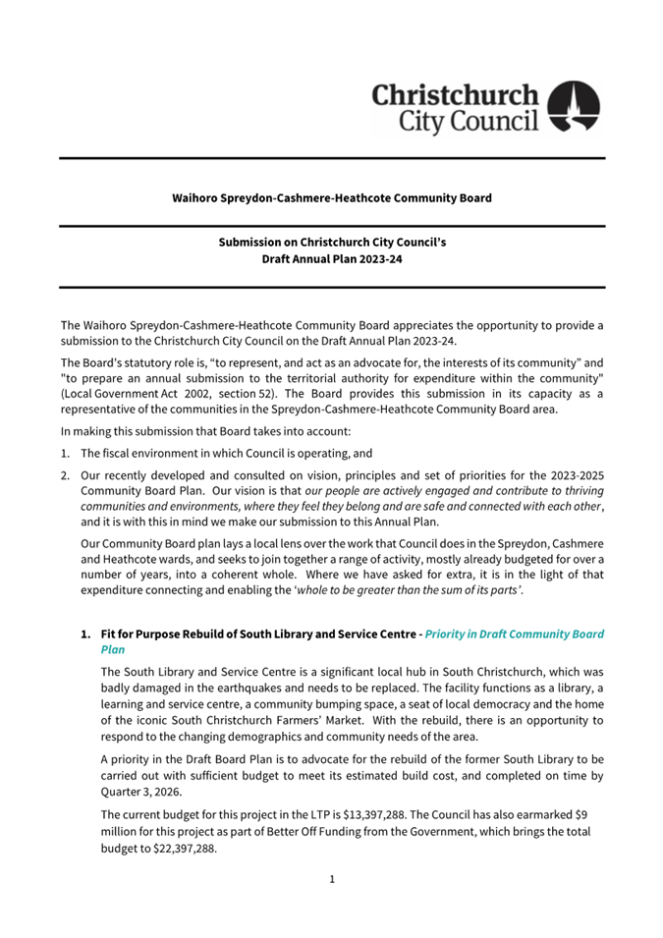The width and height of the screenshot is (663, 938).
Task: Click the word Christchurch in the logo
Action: coord(455,95)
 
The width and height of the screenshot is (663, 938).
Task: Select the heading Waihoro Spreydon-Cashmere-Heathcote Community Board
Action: coord(332,197)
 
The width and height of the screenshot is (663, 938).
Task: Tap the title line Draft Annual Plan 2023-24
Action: coord(332,260)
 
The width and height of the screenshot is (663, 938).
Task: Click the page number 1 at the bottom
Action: coord(332,879)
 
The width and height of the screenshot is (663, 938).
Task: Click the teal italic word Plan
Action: coord(114,650)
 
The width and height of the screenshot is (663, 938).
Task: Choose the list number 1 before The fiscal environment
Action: coord(65,454)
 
